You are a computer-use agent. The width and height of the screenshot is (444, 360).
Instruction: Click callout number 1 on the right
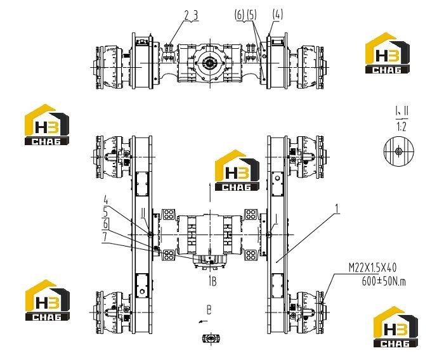337,209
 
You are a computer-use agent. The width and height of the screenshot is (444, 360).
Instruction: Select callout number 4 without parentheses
106,200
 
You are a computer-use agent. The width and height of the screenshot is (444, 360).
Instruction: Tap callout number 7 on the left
105,236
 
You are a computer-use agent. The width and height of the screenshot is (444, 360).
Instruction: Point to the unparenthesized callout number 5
106,212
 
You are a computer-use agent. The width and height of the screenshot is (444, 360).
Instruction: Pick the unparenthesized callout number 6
105,224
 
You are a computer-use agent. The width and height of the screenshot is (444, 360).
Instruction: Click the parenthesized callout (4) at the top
277,14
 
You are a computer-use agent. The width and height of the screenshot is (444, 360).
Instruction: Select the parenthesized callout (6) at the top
240,15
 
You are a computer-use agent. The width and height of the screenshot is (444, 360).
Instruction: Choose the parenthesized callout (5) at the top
251,15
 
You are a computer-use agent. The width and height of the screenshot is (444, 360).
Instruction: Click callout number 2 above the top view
186,15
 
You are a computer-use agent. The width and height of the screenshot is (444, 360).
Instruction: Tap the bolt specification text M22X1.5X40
372,267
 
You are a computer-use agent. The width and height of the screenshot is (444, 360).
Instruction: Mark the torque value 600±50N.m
384,281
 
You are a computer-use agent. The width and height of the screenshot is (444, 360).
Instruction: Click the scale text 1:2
402,127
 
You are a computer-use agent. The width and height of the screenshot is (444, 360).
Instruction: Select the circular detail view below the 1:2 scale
399,151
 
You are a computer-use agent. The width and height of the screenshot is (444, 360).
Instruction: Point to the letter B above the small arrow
209,310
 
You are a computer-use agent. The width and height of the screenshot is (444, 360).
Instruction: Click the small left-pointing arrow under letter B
203,321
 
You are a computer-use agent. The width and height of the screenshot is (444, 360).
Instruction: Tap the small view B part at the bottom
211,338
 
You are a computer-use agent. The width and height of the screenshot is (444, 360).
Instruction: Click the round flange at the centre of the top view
210,63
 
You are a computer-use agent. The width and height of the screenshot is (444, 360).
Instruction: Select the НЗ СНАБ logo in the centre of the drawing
237,170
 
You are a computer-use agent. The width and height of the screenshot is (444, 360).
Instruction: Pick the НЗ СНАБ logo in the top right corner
388,53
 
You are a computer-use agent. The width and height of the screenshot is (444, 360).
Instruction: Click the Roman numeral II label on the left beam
143,219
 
